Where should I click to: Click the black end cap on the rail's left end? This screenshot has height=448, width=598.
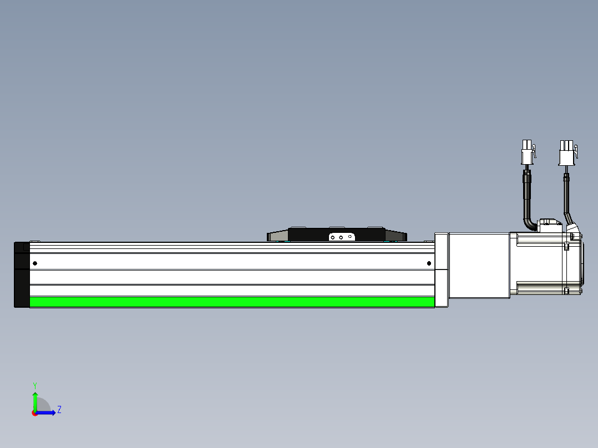22,274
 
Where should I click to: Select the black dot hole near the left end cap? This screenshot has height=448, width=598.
35,263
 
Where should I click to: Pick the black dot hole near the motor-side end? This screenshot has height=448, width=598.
429,263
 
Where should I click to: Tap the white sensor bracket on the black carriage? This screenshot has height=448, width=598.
341,237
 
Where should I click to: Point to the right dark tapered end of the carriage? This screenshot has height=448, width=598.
396,236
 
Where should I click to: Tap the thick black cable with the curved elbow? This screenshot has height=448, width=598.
527,202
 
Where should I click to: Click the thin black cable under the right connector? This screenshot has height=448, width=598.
566,194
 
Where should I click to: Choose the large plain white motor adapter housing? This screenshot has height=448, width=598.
478,266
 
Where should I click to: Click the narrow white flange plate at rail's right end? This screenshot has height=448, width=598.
441,270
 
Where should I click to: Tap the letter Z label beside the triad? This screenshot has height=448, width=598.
59,410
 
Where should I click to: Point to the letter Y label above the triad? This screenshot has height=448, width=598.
35,385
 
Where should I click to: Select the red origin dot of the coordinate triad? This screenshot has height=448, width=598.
35,413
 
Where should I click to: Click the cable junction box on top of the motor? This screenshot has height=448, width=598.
550,226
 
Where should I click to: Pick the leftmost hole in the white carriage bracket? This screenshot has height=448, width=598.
332,237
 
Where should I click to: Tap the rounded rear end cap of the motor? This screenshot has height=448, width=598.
580,266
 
